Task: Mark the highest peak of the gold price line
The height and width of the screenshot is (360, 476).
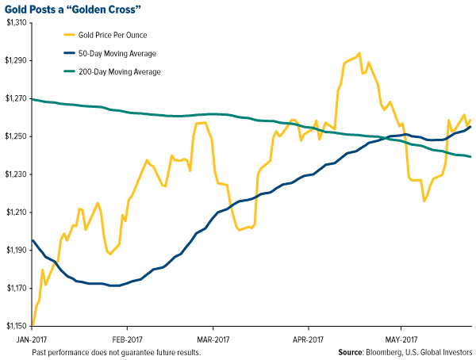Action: tap(359, 54)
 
